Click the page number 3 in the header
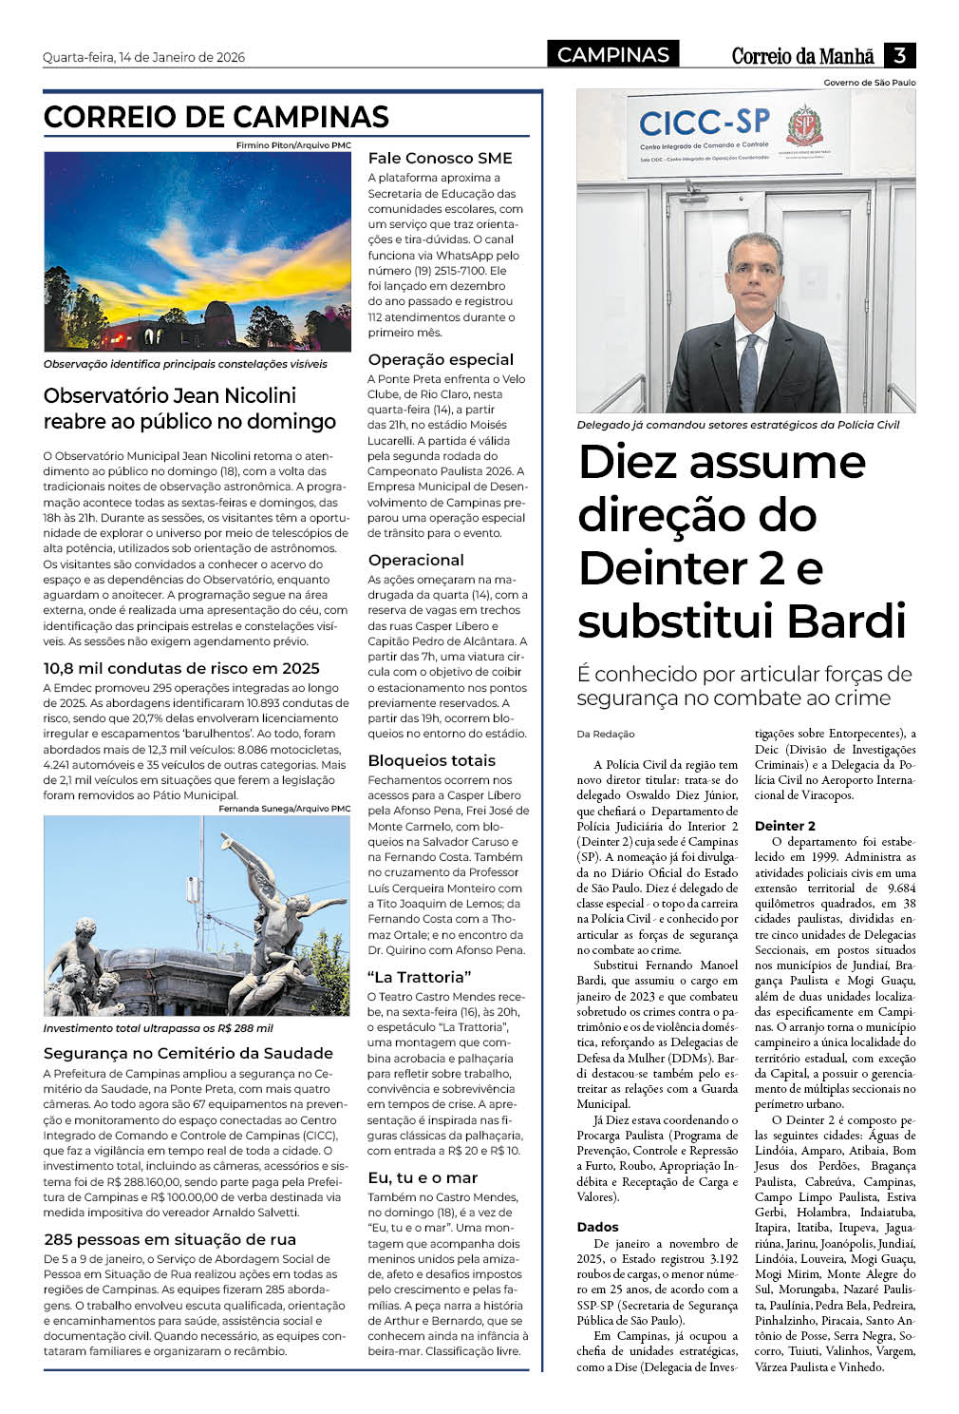click(x=899, y=55)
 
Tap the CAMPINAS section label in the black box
click(x=613, y=55)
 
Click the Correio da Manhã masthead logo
click(x=803, y=56)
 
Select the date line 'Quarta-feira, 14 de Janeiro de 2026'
click(x=143, y=57)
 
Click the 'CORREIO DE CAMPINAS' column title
click(x=216, y=117)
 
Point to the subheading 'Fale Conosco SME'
click(x=440, y=158)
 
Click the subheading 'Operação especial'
click(x=441, y=359)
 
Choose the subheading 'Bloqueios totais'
click(x=431, y=760)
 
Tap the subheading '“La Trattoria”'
click(x=419, y=977)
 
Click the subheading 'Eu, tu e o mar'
click(x=423, y=1177)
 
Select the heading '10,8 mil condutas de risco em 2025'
click(x=181, y=668)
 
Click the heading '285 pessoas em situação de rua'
click(x=170, y=1239)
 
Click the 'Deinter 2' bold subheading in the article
click(x=784, y=826)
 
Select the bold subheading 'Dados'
click(x=597, y=1227)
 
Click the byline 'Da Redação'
click(x=605, y=734)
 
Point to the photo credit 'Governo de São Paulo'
click(x=869, y=83)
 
